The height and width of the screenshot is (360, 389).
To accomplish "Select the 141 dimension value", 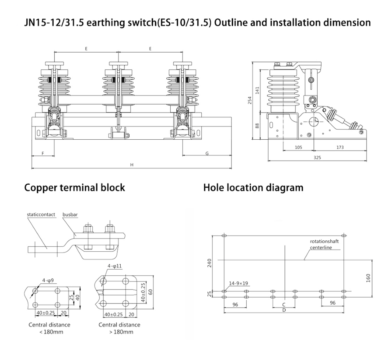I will point(257,90).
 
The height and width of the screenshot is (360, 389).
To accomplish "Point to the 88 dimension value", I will point(257,126).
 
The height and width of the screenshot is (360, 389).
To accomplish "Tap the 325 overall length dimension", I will point(317,158).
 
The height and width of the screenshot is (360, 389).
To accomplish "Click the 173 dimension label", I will point(340,147).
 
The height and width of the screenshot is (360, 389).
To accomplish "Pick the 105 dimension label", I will point(298,147).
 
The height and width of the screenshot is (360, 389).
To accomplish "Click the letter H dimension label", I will point(132,165).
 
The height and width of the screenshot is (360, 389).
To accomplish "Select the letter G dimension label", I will point(207,153).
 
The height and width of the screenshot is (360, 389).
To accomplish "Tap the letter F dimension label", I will point(43,153).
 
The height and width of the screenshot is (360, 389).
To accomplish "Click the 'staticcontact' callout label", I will point(41,215).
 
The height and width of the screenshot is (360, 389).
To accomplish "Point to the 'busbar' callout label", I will point(70,215).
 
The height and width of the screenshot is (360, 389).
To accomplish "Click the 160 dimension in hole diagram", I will point(368,278).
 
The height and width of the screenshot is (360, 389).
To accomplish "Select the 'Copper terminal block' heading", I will point(75,188).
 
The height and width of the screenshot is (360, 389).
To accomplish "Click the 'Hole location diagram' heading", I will point(253,188).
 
